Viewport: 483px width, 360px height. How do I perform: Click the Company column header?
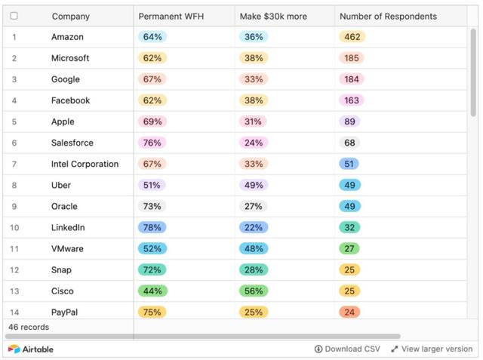pyautogui.click(x=70, y=16)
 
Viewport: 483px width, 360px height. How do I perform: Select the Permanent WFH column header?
pyautogui.click(x=171, y=16)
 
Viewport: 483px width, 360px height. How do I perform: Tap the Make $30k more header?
pyautogui.click(x=273, y=16)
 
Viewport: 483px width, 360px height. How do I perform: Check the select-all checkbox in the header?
pyautogui.click(x=14, y=16)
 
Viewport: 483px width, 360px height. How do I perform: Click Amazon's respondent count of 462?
pyautogui.click(x=352, y=37)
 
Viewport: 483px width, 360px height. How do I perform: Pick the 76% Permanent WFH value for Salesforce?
pyautogui.click(x=152, y=143)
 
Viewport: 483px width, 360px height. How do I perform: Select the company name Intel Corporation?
pyautogui.click(x=85, y=164)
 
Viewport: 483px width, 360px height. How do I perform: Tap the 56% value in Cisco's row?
pyautogui.click(x=254, y=291)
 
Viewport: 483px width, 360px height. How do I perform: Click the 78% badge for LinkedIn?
pyautogui.click(x=152, y=227)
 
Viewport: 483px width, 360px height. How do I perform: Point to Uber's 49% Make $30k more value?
pyautogui.click(x=254, y=185)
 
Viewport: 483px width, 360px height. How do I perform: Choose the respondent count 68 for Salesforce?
pyautogui.click(x=349, y=143)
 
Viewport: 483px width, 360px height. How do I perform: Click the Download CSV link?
pyautogui.click(x=347, y=349)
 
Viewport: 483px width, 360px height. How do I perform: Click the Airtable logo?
pyautogui.click(x=31, y=349)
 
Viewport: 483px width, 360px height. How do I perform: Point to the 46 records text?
pyautogui.click(x=29, y=327)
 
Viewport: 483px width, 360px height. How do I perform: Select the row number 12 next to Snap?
pyautogui.click(x=14, y=269)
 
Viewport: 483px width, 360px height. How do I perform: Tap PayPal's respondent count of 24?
pyautogui.click(x=349, y=312)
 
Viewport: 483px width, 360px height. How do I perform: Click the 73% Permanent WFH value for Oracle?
pyautogui.click(x=152, y=206)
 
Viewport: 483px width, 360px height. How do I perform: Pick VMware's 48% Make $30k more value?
pyautogui.click(x=254, y=248)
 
